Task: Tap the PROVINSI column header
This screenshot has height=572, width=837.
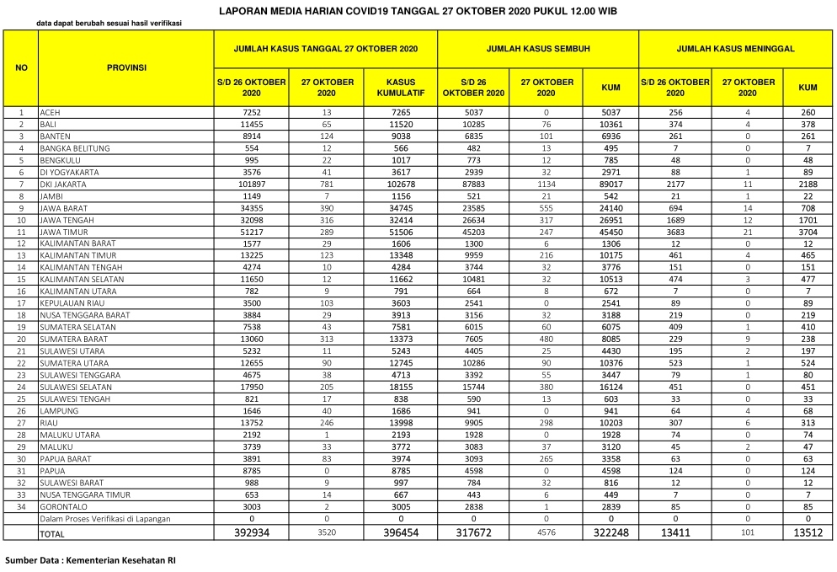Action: [126, 67]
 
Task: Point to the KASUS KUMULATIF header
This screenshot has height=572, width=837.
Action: [400, 88]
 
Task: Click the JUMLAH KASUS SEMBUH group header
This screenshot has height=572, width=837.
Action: [537, 49]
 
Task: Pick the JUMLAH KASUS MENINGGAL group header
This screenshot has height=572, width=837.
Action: [735, 49]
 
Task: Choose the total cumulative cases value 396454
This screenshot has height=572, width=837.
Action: [400, 533]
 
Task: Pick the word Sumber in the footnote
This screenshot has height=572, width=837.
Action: [24, 559]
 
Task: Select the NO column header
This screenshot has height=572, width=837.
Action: [21, 67]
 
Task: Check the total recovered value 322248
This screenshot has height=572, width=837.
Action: [610, 533]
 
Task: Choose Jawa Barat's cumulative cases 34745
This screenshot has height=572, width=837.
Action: [400, 207]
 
